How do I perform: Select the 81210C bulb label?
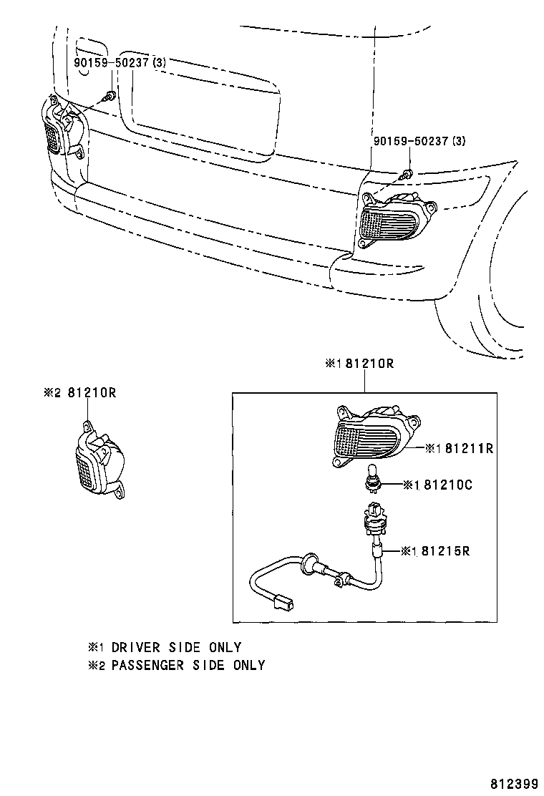point(437,485)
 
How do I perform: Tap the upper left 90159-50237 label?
point(120,63)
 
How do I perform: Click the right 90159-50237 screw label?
point(419,142)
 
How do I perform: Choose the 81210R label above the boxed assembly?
point(359,364)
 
